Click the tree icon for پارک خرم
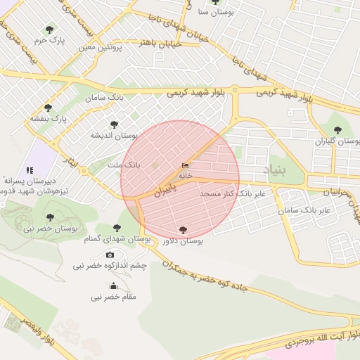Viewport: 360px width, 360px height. click(49, 30)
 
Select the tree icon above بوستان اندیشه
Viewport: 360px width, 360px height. click(115, 124)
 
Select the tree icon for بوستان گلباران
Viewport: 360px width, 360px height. click(338, 130)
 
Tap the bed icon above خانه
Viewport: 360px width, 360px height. click(185, 165)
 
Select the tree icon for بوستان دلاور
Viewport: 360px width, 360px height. click(183, 230)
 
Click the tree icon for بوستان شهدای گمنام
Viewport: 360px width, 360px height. click(117, 229)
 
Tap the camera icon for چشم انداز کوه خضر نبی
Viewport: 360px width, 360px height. click(110, 255)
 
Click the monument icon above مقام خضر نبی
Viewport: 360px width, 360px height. click(114, 286)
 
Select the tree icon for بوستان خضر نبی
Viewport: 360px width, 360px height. click(49, 217)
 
